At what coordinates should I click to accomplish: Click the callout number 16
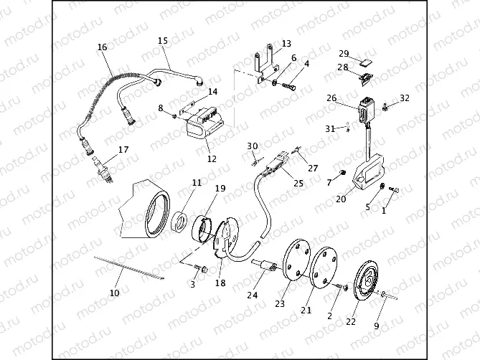click(102, 47)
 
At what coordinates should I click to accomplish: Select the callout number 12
click(212, 160)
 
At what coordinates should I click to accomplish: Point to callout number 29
click(344, 54)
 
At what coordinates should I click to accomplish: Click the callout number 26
click(331, 98)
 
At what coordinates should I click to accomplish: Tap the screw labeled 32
click(386, 107)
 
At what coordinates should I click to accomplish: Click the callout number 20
click(341, 200)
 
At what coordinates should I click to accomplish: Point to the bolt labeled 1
click(393, 190)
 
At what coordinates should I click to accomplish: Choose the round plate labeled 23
click(296, 260)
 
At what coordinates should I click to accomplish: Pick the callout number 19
click(220, 189)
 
